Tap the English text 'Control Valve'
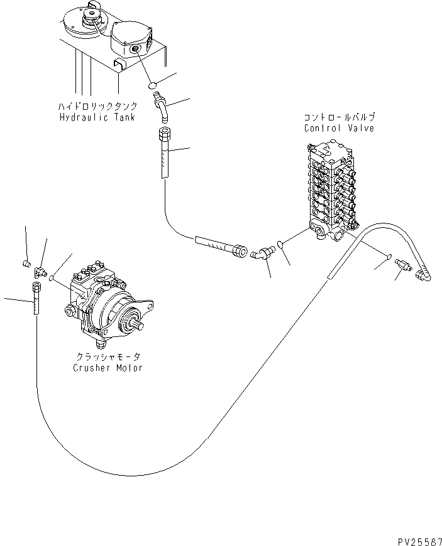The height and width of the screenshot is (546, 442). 339,128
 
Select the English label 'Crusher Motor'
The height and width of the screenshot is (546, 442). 107,368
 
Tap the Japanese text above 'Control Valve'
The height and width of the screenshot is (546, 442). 339,118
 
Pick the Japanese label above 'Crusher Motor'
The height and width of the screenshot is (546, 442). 107,357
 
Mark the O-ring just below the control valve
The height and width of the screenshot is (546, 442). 280,245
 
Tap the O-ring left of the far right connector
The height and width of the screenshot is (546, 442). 389,257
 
